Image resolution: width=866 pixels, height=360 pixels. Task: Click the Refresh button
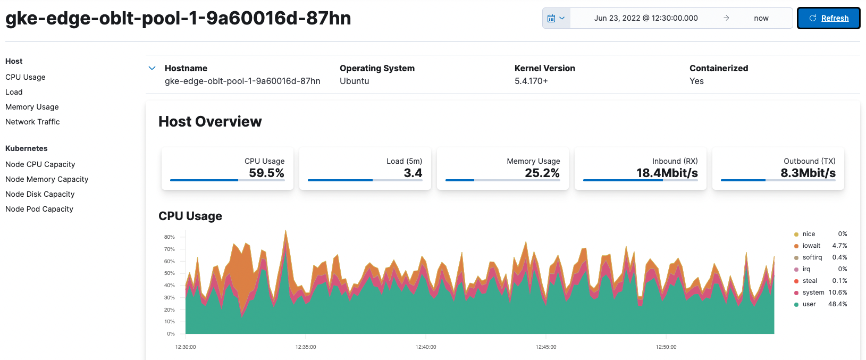click(x=828, y=18)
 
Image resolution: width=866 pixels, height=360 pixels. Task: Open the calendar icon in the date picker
click(x=556, y=18)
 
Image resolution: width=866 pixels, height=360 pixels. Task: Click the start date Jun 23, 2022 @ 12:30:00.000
click(x=645, y=18)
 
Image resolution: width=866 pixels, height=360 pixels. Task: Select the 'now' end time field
click(x=761, y=18)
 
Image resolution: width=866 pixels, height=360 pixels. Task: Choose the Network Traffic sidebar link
click(x=32, y=122)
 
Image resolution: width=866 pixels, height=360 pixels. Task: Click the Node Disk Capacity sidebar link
click(x=40, y=194)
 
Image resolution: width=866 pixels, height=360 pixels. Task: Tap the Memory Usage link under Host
click(x=32, y=107)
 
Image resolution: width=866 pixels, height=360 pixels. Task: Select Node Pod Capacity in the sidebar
click(x=39, y=209)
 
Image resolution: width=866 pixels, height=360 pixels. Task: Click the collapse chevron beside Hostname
click(x=152, y=68)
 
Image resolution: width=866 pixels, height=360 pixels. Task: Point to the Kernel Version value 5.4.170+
click(x=531, y=81)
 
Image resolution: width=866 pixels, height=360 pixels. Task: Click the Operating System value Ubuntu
click(x=354, y=81)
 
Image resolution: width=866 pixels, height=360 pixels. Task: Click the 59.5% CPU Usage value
click(x=266, y=173)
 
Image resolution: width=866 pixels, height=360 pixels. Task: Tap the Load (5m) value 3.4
click(x=413, y=173)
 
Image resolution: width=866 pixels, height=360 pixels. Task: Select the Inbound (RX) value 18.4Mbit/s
click(x=667, y=173)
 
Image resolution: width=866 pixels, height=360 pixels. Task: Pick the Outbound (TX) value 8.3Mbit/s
click(x=808, y=173)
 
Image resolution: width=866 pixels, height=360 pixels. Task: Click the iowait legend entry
click(x=811, y=246)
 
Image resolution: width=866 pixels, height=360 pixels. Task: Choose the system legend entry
click(x=813, y=292)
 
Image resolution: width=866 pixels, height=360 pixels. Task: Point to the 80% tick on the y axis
click(x=169, y=237)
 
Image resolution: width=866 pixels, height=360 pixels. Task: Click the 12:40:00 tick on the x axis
click(x=425, y=347)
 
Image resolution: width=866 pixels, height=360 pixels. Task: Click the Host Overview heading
click(x=210, y=122)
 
